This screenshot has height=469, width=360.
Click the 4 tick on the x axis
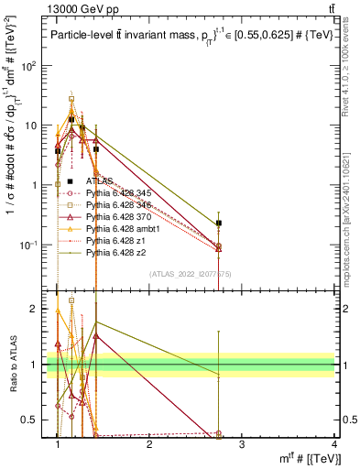[x=333, y=444]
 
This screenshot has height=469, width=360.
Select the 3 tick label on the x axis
[x=241, y=444]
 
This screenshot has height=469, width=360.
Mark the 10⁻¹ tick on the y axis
[x=35, y=245]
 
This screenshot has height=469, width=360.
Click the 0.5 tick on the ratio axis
[x=35, y=420]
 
